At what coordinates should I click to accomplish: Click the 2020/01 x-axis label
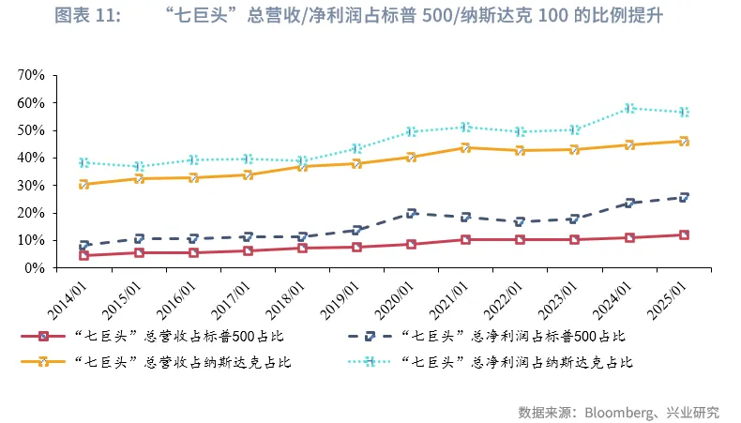point(391,296)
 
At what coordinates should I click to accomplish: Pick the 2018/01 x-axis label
point(282,296)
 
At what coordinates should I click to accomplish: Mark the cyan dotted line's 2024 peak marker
point(630,108)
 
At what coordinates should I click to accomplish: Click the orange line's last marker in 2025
point(685,141)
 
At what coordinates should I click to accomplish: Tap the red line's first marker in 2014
point(84,255)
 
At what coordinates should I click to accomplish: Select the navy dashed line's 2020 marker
point(412,213)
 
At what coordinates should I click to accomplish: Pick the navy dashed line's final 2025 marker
point(685,197)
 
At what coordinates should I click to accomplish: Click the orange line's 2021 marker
point(466,147)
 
